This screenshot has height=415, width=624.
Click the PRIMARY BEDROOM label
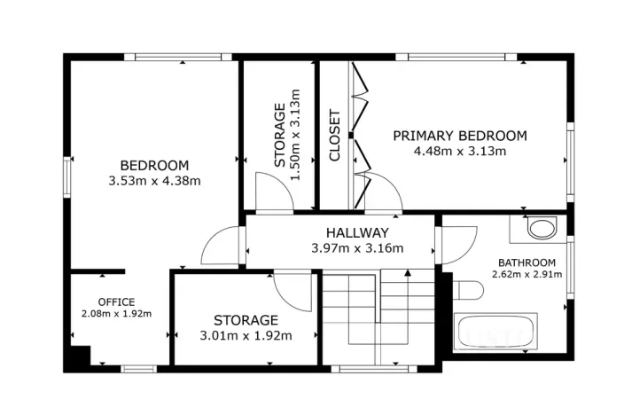point(460,136)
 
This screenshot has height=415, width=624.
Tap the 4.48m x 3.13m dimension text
point(460,151)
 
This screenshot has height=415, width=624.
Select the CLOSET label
point(335,135)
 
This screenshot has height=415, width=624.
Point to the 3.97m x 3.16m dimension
point(357,248)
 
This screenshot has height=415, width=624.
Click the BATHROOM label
point(526,262)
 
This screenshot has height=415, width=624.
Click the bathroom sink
point(538,228)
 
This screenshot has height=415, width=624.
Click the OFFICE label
point(116,301)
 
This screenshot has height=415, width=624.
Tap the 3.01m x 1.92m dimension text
point(246,335)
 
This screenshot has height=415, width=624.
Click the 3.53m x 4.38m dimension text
point(154,181)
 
